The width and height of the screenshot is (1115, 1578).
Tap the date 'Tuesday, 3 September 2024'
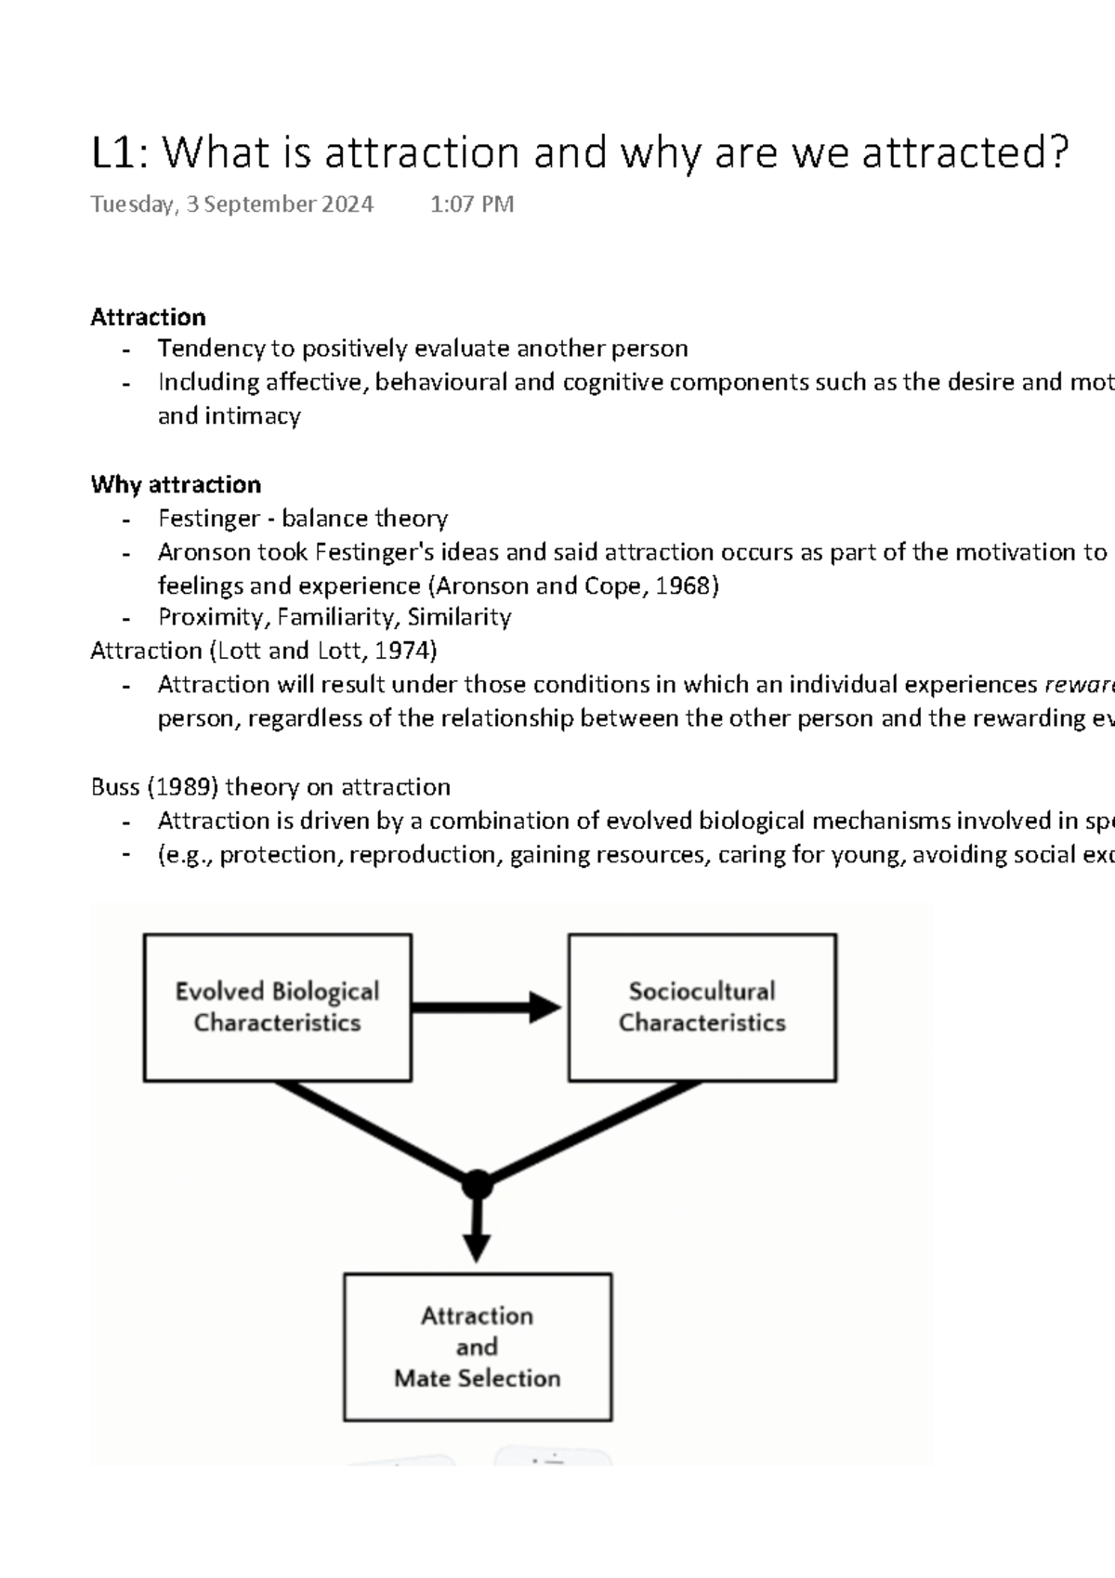(231, 204)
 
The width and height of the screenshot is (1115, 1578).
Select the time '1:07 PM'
(472, 204)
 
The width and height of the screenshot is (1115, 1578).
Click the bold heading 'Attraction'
(148, 317)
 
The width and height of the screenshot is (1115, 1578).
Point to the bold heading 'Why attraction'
(176, 484)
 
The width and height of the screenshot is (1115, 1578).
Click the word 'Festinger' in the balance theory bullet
(208, 519)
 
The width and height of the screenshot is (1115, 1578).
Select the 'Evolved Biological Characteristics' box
(277, 1007)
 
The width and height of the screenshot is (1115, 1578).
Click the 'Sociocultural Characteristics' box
(702, 1007)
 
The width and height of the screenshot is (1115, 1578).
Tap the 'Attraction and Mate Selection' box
(477, 1347)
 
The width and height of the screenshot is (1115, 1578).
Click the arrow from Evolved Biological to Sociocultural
(483, 1007)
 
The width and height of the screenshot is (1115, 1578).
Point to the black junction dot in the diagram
(477, 1185)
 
